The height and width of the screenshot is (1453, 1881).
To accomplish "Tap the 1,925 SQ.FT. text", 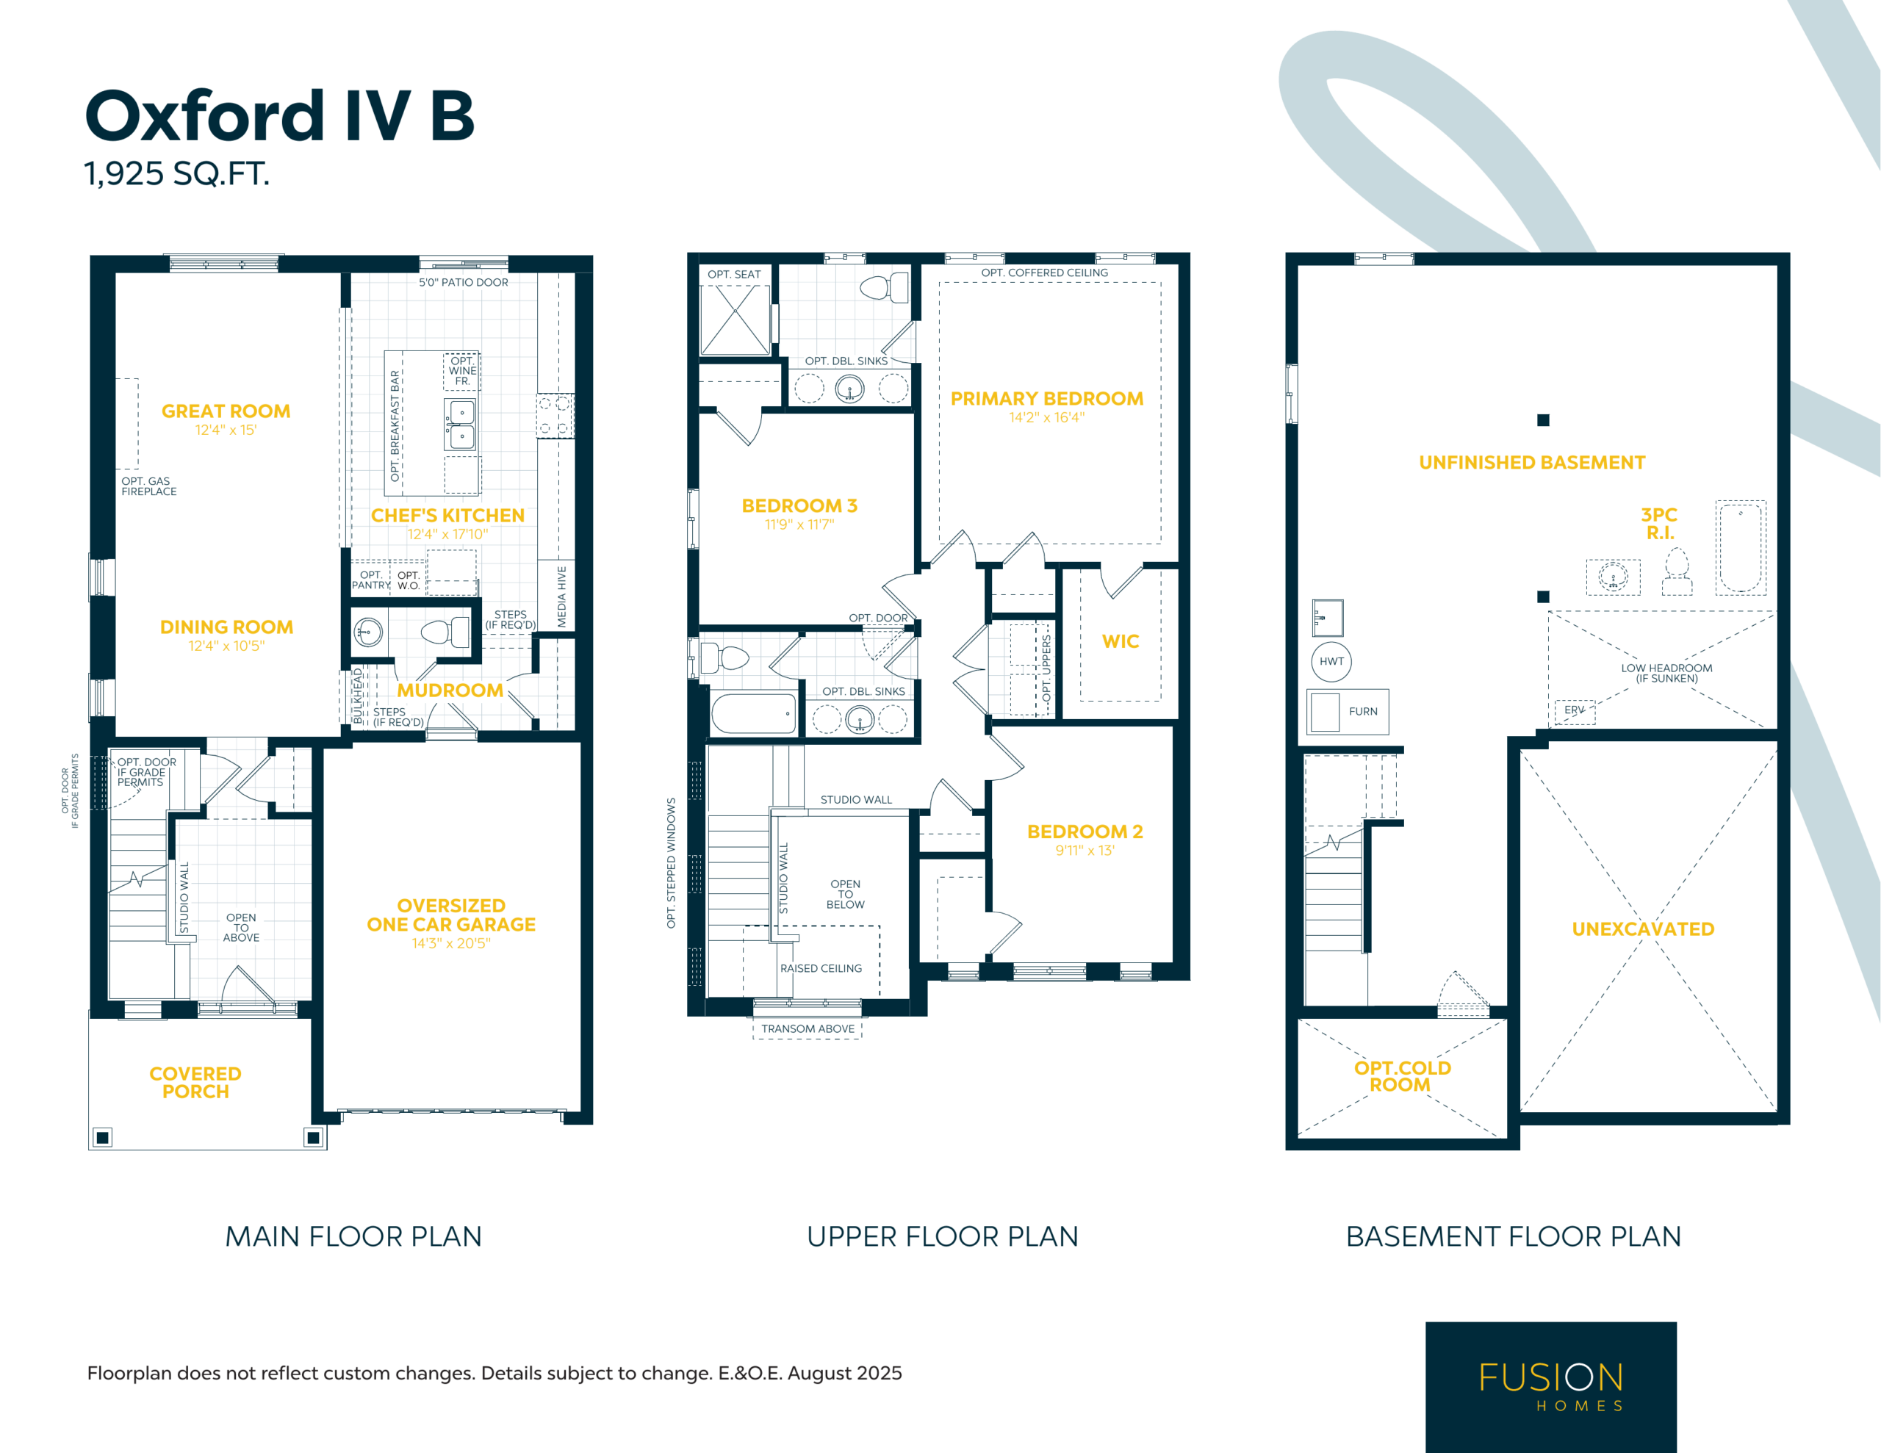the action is coord(176,174).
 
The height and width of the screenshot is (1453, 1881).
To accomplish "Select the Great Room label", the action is coord(226,411).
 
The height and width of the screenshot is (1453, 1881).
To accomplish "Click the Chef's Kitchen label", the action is coord(448,515).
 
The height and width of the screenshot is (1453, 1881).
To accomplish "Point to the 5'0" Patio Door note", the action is coord(464,283).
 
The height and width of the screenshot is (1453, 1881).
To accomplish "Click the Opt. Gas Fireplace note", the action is coord(149,486).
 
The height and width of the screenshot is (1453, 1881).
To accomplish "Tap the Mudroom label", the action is coord(450,691).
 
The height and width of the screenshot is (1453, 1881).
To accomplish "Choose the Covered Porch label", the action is coord(195,1083).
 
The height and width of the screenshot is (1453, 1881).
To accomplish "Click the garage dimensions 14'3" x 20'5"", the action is coord(451,944).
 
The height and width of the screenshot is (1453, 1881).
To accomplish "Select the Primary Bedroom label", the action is coord(1047,399).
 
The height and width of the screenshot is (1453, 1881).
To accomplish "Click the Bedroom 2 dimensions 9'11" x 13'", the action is coord(1085,851).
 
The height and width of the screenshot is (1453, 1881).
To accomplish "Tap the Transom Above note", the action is coord(808,1029).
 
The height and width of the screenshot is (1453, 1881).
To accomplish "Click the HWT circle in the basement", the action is coord(1331,661).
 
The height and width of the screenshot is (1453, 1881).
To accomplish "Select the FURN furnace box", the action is coord(1348,711).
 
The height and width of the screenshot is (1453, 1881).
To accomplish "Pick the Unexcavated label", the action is coord(1643,929).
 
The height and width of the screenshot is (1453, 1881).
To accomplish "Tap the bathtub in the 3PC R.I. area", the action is coord(1741,548).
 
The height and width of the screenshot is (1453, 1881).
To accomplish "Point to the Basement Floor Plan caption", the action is coord(1513,1237).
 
